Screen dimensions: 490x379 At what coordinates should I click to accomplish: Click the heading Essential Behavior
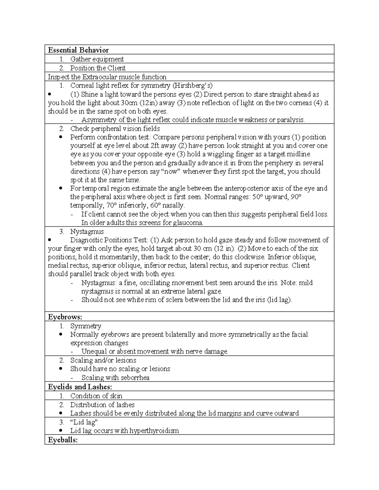coord(78,50)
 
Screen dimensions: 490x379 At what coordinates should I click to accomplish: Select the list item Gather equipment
coord(97,59)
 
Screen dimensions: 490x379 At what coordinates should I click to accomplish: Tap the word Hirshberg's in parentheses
coord(195,86)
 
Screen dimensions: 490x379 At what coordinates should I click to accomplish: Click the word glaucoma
coord(188,223)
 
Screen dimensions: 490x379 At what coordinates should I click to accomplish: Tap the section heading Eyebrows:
coord(65,317)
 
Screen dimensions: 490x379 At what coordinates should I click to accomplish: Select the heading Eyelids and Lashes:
coord(80,387)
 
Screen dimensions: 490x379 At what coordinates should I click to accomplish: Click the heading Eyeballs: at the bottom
coord(63,440)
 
